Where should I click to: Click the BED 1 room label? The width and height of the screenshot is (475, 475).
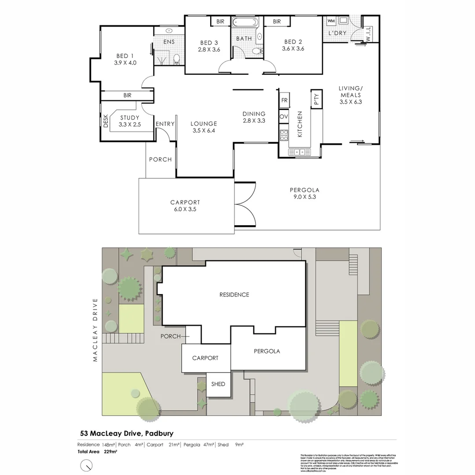[x=122, y=56]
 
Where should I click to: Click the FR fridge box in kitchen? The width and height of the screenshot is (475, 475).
[x=284, y=101]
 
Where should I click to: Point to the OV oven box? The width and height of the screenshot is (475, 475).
[x=284, y=117]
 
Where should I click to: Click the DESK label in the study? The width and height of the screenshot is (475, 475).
[x=106, y=121]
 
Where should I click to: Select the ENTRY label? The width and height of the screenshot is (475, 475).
[x=165, y=124]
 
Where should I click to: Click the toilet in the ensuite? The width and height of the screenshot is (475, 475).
[x=177, y=58]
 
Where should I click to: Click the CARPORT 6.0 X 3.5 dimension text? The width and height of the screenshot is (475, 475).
[x=185, y=209]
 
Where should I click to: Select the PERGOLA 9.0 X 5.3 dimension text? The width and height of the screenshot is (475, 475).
[x=304, y=197]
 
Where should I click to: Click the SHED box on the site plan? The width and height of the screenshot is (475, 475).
[x=218, y=384]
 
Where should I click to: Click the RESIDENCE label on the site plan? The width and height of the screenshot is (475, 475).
[x=234, y=295]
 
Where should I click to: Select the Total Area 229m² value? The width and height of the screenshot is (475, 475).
[x=110, y=451]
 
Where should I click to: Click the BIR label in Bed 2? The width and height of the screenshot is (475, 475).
[x=277, y=22]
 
